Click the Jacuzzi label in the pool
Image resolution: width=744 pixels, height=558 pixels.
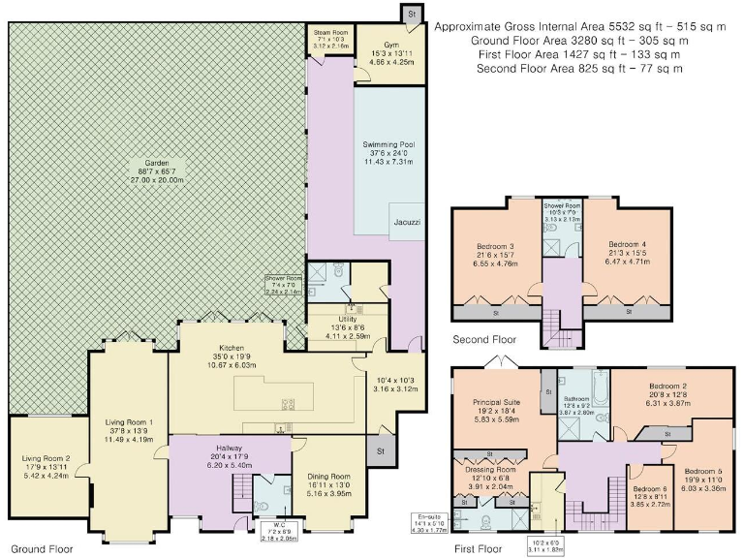[x=406, y=221]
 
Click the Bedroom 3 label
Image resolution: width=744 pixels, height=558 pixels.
[x=496, y=244]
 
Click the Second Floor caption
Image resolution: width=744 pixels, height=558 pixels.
[x=485, y=340]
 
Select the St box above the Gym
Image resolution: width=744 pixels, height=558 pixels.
[x=411, y=14]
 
